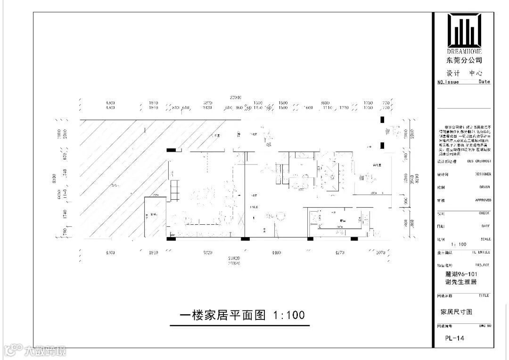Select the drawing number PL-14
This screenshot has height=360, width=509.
(454, 338)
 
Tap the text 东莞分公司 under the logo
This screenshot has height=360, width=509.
(464, 60)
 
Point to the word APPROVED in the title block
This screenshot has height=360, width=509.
(483, 200)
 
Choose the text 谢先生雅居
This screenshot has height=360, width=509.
(461, 282)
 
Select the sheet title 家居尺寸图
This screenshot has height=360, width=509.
(456, 311)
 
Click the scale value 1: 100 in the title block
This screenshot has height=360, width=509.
(459, 245)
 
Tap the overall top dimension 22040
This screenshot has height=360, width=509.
(235, 97)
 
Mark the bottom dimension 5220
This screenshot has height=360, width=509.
(207, 253)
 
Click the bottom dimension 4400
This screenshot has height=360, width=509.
(276, 253)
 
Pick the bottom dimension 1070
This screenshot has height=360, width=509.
(381, 253)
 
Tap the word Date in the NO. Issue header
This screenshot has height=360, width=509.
(484, 82)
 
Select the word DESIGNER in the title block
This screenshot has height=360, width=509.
(483, 174)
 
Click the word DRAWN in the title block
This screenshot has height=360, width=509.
(484, 187)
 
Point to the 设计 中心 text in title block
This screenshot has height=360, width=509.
(464, 73)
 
